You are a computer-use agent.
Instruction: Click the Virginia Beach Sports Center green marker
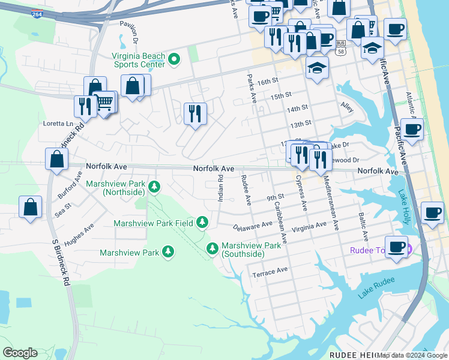click(174, 59)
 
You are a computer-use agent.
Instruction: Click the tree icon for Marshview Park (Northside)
click(154, 188)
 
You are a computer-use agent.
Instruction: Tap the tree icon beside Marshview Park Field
click(202, 223)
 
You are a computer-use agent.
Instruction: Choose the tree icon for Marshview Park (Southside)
click(212, 248)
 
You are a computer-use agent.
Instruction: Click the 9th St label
click(275, 197)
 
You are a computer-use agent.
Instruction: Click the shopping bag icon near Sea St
click(30, 207)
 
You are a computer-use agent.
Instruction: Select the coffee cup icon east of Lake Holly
click(432, 213)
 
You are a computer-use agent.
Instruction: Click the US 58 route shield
click(341, 48)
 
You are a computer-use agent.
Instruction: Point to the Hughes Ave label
click(79, 235)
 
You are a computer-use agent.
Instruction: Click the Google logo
click(20, 353)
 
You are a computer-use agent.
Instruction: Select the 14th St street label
click(297, 108)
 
